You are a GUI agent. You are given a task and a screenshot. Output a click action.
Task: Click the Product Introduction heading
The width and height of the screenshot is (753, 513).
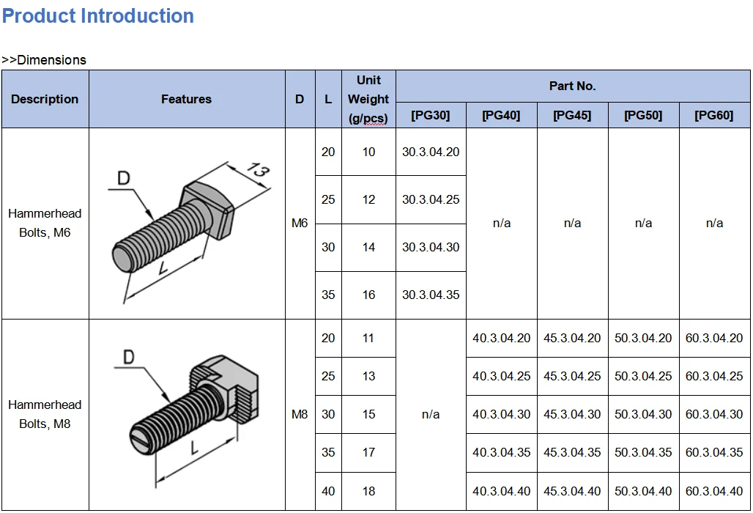98,16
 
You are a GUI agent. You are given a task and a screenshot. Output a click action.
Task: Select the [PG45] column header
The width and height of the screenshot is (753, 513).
572,116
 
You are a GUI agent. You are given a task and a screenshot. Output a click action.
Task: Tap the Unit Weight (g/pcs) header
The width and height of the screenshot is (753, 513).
368,99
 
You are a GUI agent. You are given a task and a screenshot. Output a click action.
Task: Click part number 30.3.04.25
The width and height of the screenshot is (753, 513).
431,199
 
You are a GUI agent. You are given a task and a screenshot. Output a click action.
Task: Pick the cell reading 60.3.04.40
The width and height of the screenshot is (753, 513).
714,491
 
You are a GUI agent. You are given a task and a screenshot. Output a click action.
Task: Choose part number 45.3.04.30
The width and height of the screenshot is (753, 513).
572,414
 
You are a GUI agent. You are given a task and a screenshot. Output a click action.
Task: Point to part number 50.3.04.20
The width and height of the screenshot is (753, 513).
643,338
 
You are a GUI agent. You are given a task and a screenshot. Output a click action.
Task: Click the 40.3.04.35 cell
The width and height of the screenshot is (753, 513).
501,452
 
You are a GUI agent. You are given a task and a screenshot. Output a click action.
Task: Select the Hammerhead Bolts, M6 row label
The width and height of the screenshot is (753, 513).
45,223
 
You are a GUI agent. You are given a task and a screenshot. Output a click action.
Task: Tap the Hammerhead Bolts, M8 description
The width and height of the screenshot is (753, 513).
45,414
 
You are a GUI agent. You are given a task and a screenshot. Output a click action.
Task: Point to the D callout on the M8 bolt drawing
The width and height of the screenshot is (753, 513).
128,358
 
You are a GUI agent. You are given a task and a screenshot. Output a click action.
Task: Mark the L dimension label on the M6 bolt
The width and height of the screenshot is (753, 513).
163,269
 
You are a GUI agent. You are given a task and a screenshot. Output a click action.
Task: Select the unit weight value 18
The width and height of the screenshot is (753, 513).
368,491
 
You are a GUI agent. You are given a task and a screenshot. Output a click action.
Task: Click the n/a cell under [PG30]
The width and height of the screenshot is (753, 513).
431,414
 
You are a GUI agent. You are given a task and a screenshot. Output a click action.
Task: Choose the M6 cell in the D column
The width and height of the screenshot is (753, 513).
300,223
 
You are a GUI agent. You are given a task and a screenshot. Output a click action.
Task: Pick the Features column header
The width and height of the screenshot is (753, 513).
186,99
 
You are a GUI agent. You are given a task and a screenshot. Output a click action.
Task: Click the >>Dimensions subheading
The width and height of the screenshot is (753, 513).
44,60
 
